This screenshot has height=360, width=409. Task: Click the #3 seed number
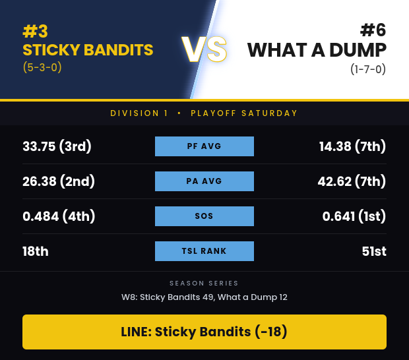click(35, 31)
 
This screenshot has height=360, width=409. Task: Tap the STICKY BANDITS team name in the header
click(88, 50)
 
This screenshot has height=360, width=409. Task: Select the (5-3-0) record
click(42, 67)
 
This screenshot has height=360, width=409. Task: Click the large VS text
click(204, 49)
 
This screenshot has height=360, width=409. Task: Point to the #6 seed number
click(373, 30)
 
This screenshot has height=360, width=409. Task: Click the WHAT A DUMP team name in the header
click(317, 50)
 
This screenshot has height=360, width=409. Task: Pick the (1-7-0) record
click(368, 69)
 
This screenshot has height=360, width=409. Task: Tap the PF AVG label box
click(204, 146)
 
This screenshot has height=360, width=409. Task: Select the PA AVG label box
click(204, 181)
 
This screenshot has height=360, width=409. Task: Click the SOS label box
click(204, 216)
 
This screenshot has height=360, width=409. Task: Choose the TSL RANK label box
click(204, 251)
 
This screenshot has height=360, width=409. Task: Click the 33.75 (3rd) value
click(57, 146)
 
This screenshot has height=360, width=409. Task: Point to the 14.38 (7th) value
click(352, 146)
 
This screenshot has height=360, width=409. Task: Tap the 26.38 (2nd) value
click(59, 181)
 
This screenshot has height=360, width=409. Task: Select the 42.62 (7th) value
click(352, 181)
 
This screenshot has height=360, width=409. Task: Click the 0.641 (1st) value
click(354, 216)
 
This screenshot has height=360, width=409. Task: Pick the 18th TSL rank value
click(36, 251)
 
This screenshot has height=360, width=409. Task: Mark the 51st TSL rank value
click(374, 251)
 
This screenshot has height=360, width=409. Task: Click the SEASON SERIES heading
click(204, 283)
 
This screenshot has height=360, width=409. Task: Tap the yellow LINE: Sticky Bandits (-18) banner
click(204, 332)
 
